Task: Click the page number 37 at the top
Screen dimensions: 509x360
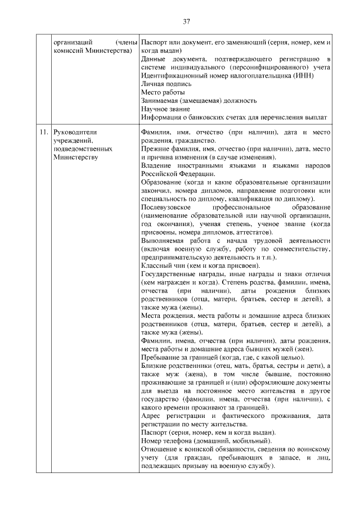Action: pyautogui.click(x=186, y=22)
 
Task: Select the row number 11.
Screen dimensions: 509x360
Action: pyautogui.click(x=43, y=132)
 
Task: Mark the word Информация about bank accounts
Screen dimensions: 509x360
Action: pyautogui.click(x=163, y=117)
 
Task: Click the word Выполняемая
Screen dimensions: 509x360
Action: pyautogui.click(x=163, y=241)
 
